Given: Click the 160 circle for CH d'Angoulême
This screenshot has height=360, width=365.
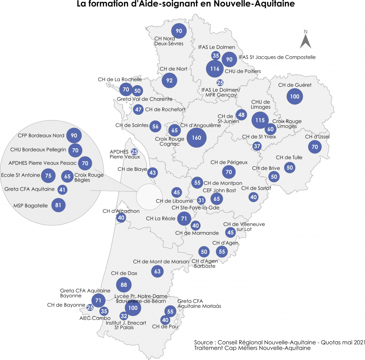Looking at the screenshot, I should (196, 138).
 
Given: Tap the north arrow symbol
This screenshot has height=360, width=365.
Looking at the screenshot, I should (306, 41).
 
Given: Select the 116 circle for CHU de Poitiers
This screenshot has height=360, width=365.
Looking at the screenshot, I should (215, 69).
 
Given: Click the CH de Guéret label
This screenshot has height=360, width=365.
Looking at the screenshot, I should (295, 85).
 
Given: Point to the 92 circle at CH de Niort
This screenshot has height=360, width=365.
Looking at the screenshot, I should (169, 80).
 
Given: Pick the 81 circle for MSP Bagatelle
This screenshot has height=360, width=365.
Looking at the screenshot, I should (58, 205).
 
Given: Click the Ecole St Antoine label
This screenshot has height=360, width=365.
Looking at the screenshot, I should (21, 175).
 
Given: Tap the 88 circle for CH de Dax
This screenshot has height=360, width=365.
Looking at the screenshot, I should (124, 285).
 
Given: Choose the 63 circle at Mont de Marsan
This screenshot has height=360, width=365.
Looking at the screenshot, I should (157, 271).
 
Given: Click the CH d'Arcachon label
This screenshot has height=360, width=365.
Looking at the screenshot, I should (121, 211).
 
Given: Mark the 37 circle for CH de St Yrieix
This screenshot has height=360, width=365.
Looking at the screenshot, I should (257, 146).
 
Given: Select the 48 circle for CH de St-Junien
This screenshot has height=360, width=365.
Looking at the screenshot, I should (241, 115).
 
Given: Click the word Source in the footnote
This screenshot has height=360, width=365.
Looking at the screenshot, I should (203, 342).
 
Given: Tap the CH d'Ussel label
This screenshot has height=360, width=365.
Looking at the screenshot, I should (317, 137).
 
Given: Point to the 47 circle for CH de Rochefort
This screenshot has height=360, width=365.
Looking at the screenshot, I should (138, 110).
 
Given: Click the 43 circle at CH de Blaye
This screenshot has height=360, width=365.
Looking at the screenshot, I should (152, 173).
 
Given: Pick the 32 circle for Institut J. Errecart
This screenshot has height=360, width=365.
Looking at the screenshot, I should (124, 316).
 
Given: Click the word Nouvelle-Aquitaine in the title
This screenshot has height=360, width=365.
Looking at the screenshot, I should (254, 4).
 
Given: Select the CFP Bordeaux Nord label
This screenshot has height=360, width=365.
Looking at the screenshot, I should (41, 136).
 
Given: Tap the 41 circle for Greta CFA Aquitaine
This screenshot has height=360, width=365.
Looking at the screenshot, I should (62, 190).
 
